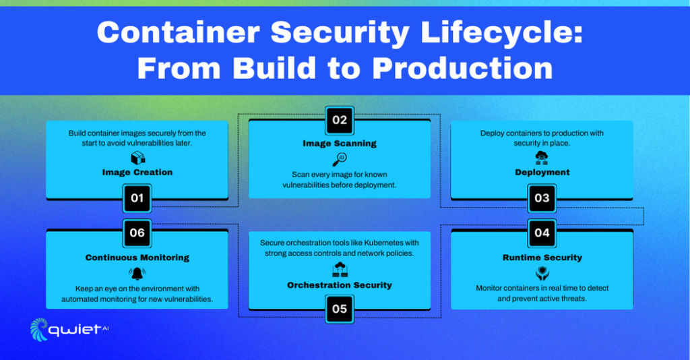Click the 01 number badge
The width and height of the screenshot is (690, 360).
137,198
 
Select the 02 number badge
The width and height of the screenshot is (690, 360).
340,120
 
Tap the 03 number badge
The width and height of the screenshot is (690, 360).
542,198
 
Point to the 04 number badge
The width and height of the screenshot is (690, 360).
542,233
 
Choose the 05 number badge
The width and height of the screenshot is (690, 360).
340,309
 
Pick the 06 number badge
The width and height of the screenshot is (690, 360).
137,233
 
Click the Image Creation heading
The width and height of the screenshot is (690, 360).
137,173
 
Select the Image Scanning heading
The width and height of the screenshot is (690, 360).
340,144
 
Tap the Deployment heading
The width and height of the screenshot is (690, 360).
542,173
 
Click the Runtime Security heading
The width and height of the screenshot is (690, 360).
542,258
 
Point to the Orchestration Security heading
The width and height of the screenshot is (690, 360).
340,285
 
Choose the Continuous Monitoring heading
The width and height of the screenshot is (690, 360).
137,258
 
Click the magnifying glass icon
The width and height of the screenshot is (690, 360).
340,159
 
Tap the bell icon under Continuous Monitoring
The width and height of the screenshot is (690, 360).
137,273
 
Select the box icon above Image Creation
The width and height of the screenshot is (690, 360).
137,158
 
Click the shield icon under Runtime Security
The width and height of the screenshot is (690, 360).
542,273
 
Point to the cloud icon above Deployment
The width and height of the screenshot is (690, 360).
542,158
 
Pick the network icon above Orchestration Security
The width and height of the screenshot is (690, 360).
340,270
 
